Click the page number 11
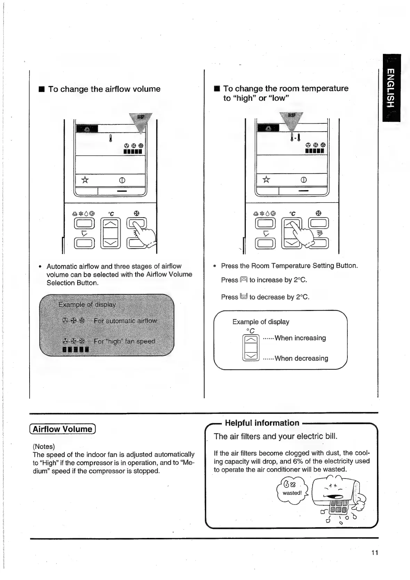pyautogui.click(x=374, y=553)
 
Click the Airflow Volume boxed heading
pyautogui.click(x=63, y=429)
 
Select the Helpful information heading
pyautogui.click(x=262, y=423)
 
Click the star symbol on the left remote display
pyautogui.click(x=85, y=180)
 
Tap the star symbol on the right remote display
pyautogui.click(x=266, y=179)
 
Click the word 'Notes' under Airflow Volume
pyautogui.click(x=44, y=447)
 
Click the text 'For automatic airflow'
pyautogui.click(x=125, y=321)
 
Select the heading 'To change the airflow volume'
pyautogui.click(x=104, y=89)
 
